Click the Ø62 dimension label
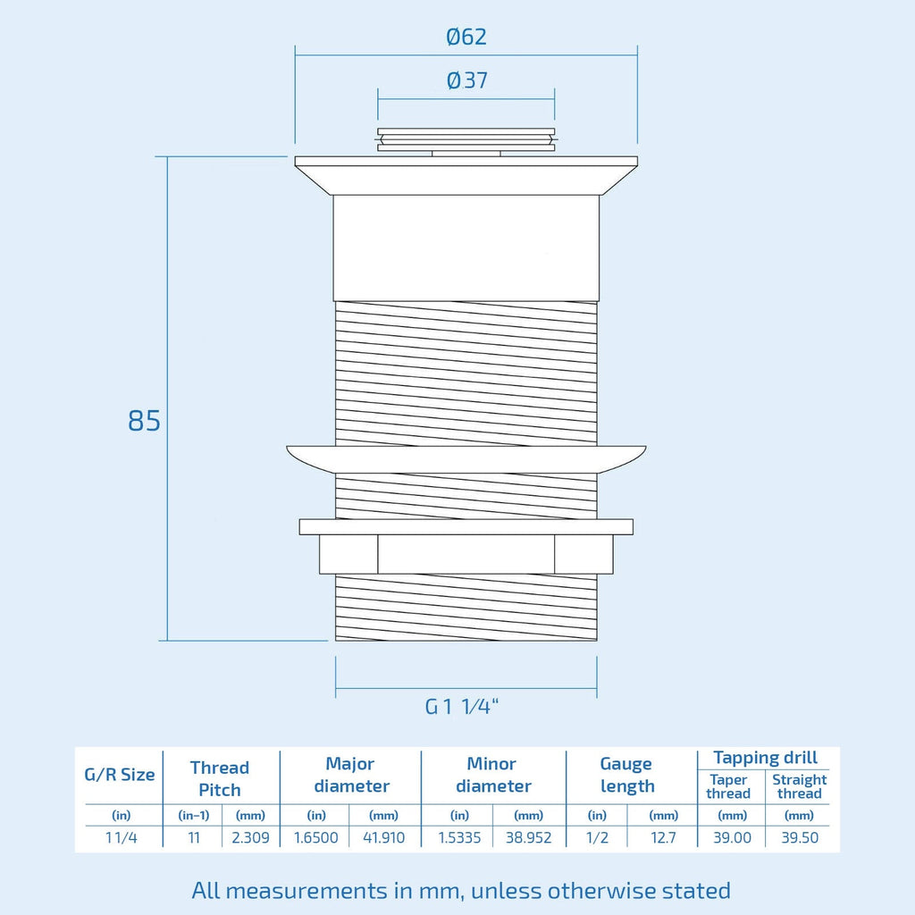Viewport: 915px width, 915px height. point(466,37)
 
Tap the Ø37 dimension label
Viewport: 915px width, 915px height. point(466,80)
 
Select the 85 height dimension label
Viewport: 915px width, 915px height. point(144,421)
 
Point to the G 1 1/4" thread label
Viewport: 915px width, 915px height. point(462,707)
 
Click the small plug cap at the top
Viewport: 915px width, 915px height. point(466,140)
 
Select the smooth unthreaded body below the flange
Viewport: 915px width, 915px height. point(466,248)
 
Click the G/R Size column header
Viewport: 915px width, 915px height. point(120,775)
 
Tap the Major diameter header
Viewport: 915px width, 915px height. point(350,775)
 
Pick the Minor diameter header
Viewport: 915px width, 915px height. point(493,775)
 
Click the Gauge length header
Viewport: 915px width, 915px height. point(626,775)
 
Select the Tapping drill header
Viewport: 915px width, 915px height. point(765,758)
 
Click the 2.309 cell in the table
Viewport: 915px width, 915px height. point(250,838)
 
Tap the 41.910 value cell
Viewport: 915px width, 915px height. point(384,838)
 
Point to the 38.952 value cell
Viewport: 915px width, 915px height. point(529,838)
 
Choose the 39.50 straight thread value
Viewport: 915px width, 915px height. point(800,838)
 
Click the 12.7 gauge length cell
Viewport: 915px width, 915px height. point(664,838)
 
